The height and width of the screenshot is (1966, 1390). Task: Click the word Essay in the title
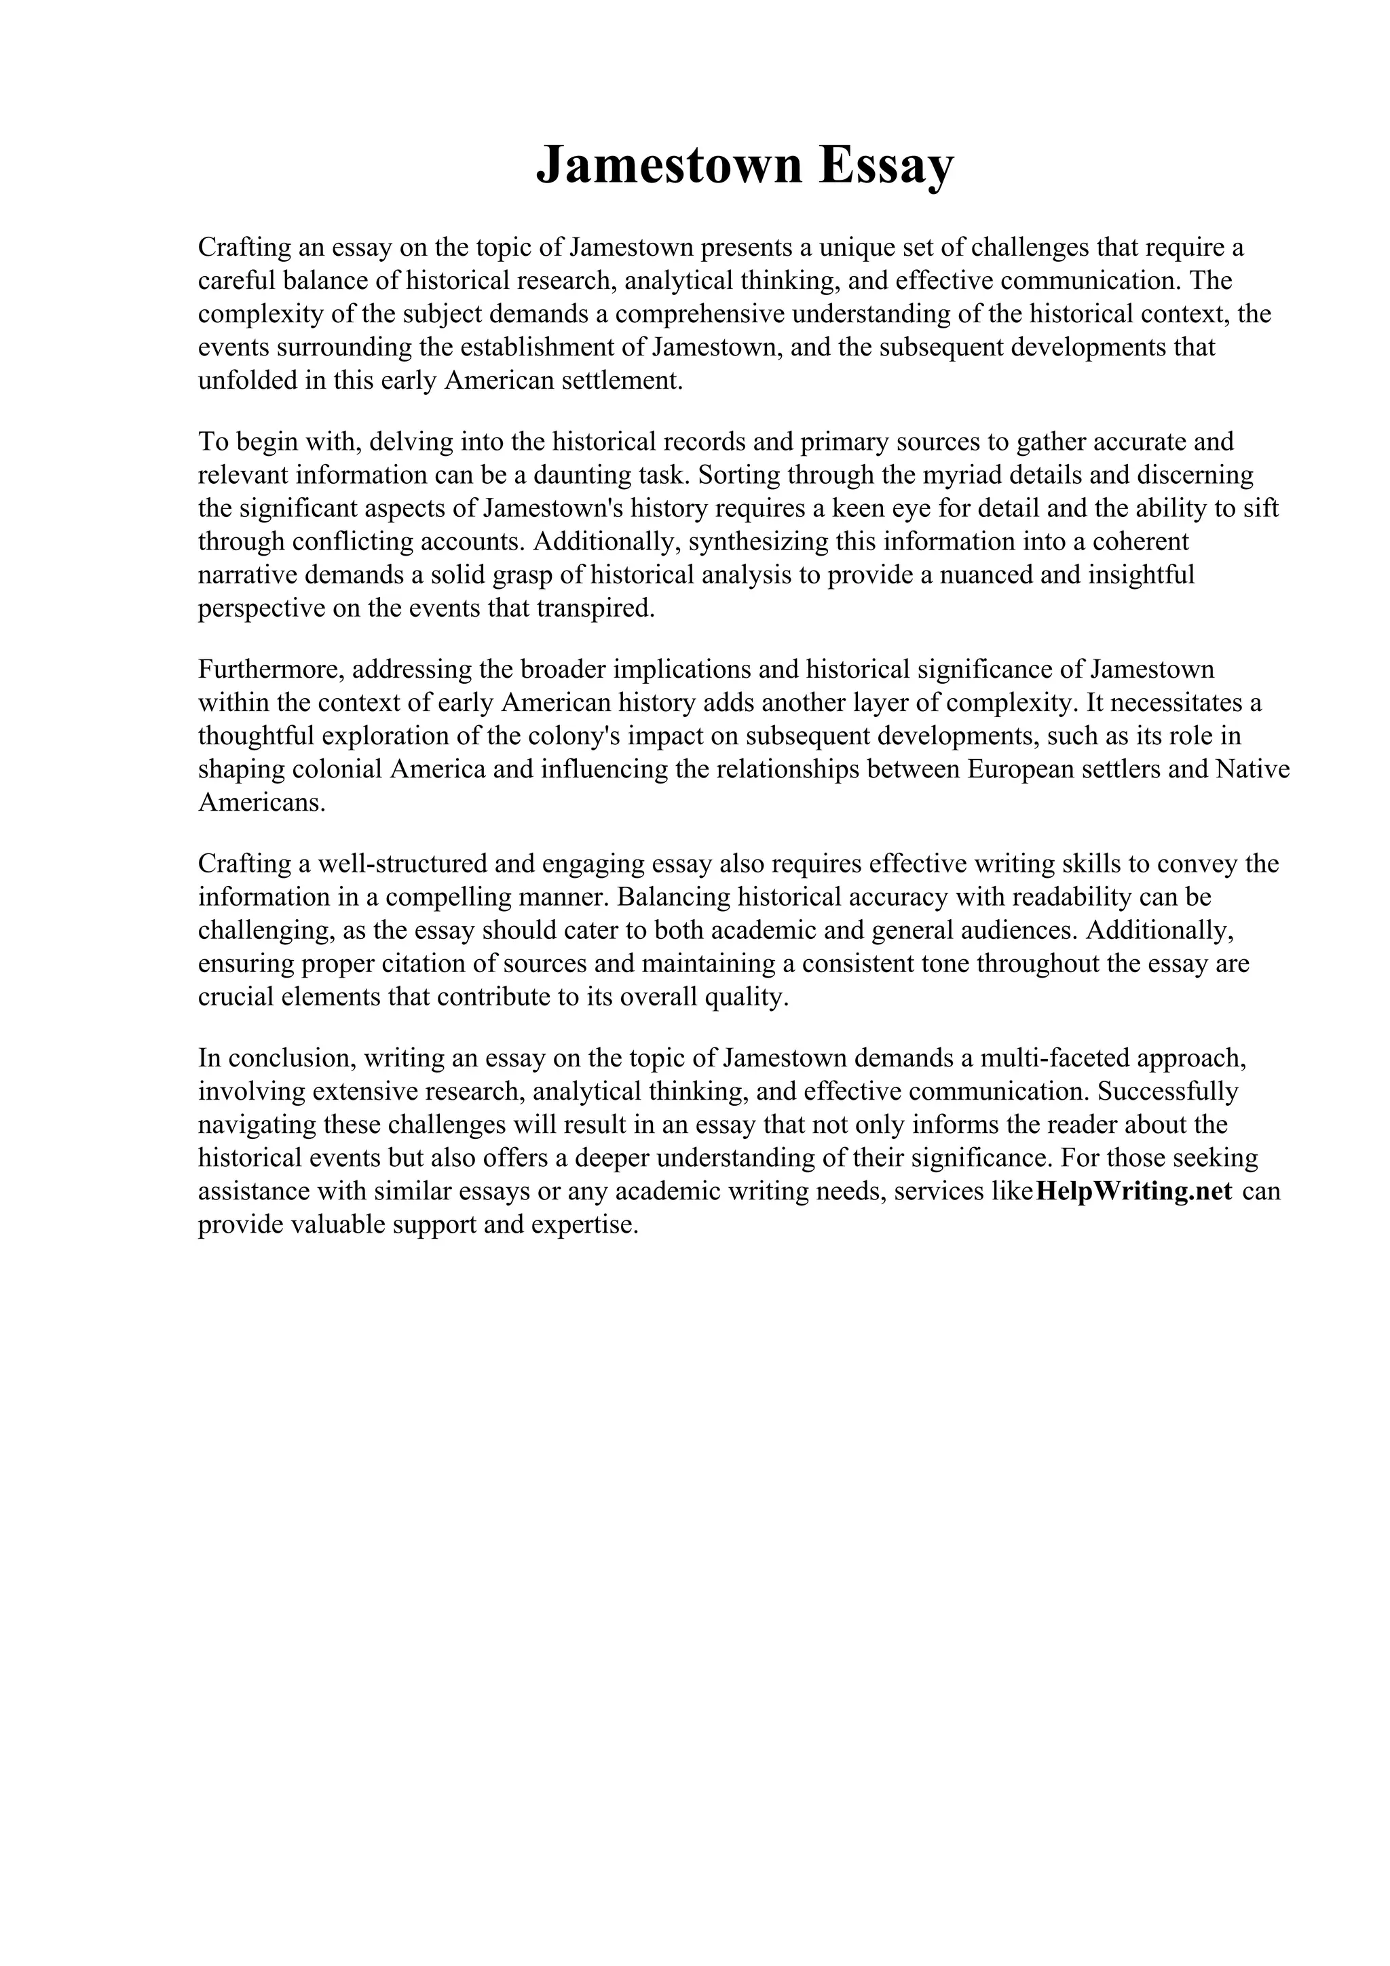(x=886, y=166)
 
